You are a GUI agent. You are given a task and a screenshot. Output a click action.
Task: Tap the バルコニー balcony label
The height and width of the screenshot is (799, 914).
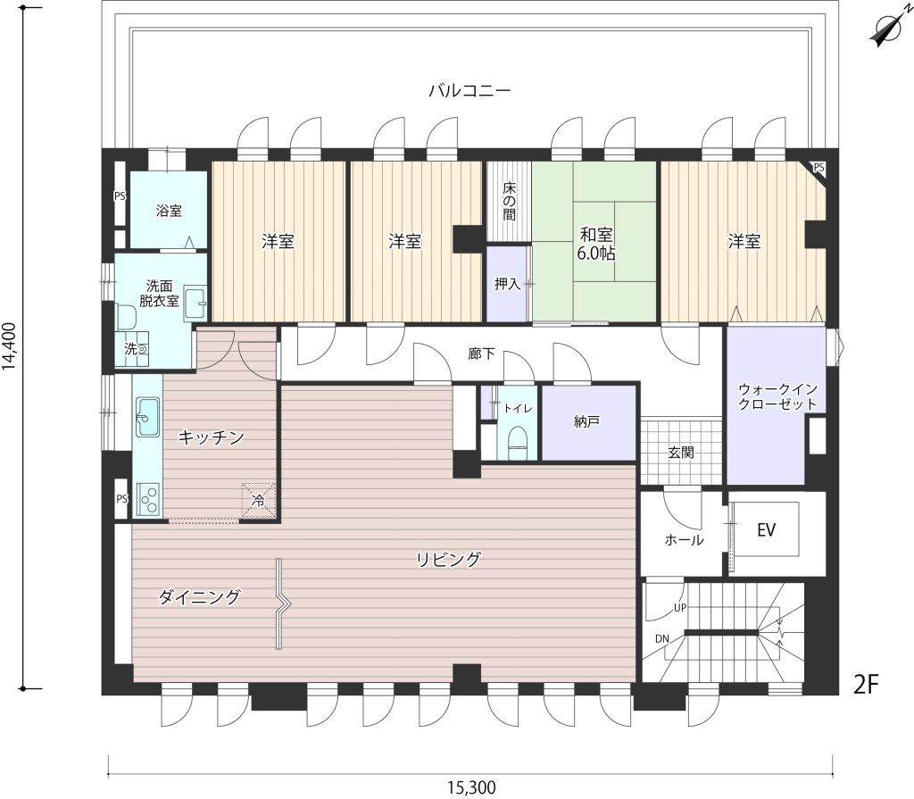[x=469, y=91]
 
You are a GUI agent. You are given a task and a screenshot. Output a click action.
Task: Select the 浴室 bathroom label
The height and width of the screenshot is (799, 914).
[x=169, y=211]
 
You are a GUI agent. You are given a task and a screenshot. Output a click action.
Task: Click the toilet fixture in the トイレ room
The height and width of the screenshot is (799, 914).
[x=518, y=443]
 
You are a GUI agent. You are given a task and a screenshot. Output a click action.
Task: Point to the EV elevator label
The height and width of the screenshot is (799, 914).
[x=766, y=529]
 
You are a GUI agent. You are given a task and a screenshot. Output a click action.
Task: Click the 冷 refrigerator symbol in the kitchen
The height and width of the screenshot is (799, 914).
[x=258, y=499]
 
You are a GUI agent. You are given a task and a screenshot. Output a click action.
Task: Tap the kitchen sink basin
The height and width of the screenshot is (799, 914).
[x=148, y=416]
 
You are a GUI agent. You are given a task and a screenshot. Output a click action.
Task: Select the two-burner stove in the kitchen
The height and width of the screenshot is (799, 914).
[x=149, y=499]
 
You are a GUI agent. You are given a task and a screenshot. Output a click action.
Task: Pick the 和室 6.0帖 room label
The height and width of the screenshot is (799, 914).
[x=596, y=244]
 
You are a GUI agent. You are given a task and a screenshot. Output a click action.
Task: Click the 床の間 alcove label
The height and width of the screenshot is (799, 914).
[x=509, y=201]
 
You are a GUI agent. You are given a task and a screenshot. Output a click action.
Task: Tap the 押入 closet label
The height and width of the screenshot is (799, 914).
[x=507, y=284]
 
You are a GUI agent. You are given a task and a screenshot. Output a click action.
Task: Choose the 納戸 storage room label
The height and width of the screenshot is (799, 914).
[x=586, y=421]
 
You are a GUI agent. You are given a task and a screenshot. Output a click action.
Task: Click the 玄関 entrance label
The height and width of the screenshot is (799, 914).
[x=681, y=452]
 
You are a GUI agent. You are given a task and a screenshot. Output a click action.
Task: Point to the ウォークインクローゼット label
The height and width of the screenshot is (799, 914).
[x=777, y=396]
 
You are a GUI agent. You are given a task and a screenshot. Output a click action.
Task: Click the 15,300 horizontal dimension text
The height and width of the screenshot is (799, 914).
[x=471, y=788]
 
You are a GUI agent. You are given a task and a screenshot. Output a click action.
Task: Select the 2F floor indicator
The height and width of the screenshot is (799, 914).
[x=866, y=684]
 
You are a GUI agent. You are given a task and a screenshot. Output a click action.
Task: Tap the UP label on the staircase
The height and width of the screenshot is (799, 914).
[x=680, y=608]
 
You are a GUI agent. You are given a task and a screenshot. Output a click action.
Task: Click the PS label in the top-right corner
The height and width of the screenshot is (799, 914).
[x=818, y=167]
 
